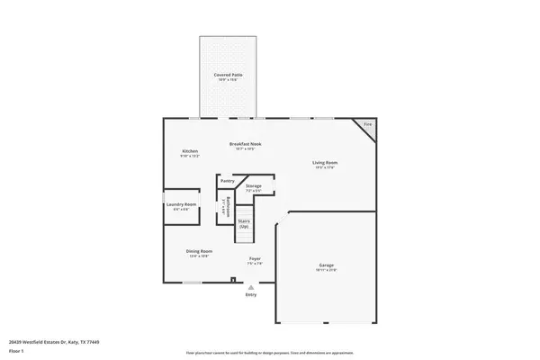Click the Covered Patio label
point(228,75)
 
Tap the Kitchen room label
point(190,150)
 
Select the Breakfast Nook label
point(244,144)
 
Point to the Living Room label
point(325,162)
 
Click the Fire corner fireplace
point(366,124)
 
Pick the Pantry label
point(227,181)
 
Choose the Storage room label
point(253,185)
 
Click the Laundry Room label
point(180,204)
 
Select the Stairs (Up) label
point(244,222)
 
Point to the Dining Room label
point(199,251)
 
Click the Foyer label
point(255,259)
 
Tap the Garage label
point(326,265)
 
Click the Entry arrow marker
point(250,287)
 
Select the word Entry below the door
point(250,295)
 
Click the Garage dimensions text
point(326,270)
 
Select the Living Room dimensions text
point(325,167)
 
